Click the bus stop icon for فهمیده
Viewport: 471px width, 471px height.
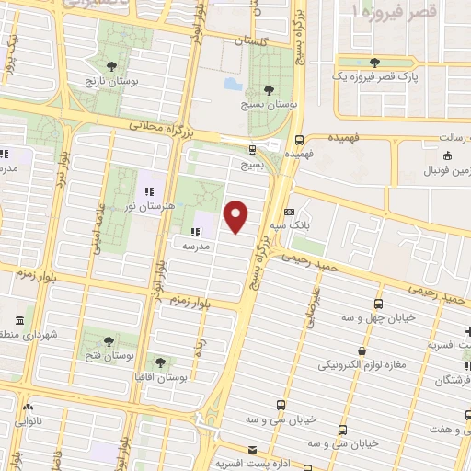[300, 141]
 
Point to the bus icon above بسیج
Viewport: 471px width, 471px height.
[252, 149]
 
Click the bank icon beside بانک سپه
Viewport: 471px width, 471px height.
[289, 211]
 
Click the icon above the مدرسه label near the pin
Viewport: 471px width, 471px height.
[194, 233]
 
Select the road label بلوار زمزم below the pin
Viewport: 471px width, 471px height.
[203, 295]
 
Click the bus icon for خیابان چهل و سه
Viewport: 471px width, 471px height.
[378, 303]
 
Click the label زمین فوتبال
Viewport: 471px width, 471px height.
[442, 172]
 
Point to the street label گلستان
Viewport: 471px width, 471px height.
[248, 41]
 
